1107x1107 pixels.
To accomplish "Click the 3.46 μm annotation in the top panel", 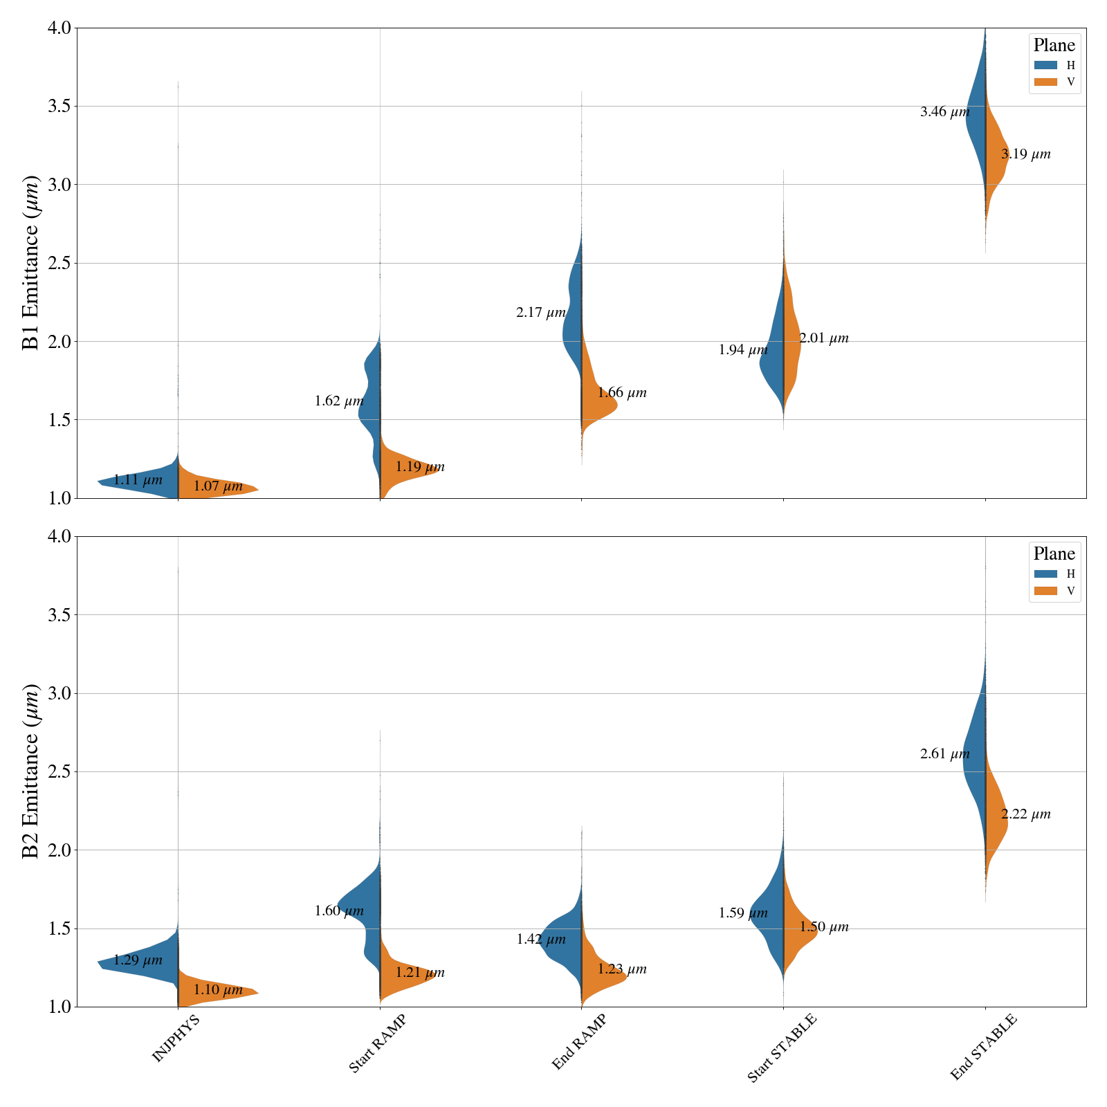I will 944,111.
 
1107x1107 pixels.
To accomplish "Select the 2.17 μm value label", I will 540,313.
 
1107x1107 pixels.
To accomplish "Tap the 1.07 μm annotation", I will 218,486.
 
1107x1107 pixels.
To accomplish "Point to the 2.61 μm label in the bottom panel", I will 944,754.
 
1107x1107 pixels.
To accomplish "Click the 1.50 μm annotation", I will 824,927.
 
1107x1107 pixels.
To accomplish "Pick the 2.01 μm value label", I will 824,338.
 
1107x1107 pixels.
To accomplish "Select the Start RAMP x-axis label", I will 377,1044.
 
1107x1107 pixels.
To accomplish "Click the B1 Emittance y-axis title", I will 31,263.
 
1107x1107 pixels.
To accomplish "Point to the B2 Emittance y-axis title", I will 31,771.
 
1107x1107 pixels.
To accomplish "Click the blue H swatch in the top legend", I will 1045,65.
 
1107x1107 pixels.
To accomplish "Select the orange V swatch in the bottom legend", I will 1045,591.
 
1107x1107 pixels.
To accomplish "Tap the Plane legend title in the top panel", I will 1054,46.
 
